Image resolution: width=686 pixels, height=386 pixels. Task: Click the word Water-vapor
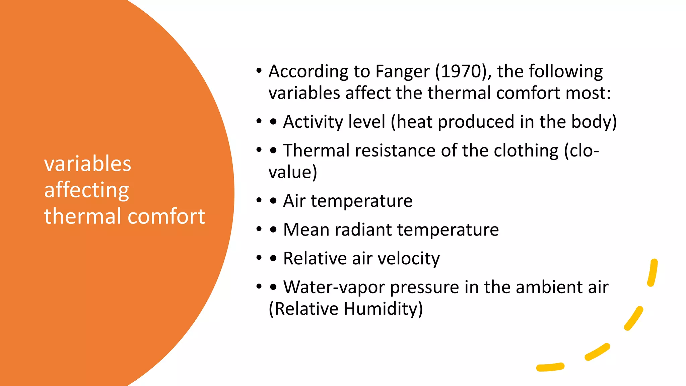[x=334, y=287]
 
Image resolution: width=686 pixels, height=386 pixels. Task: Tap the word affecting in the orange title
[x=86, y=190]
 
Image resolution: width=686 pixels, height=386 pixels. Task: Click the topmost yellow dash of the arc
[x=653, y=272]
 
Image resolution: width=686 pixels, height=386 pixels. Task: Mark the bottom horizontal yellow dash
[x=550, y=367]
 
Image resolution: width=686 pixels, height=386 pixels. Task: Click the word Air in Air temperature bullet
[x=294, y=201]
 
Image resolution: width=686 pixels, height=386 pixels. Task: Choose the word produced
[x=476, y=122]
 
